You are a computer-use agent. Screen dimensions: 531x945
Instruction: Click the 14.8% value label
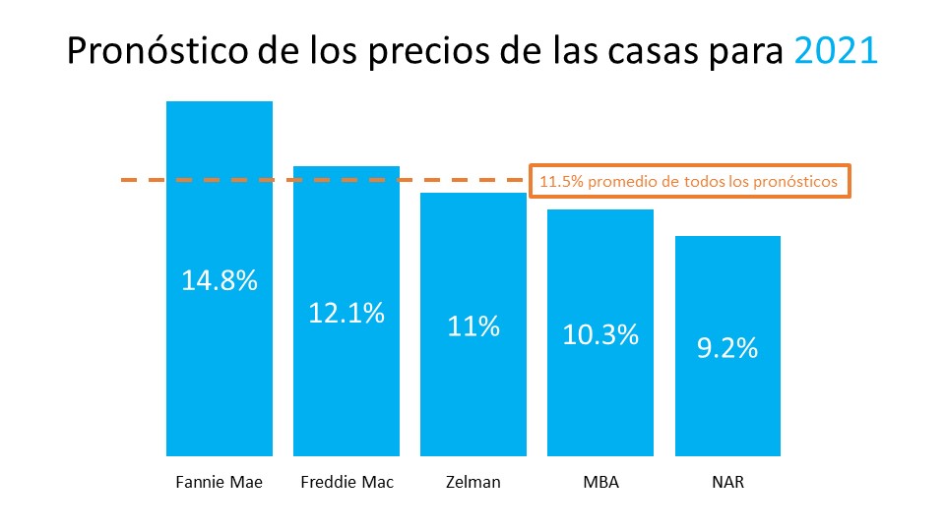click(220, 280)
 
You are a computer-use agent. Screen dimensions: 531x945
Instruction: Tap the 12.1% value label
click(346, 313)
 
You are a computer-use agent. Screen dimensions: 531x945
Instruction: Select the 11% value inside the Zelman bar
click(473, 325)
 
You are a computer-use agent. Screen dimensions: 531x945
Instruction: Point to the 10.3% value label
click(600, 333)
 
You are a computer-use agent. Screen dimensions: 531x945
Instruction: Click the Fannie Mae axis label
click(220, 483)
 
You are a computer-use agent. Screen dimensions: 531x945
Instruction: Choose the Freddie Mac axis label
click(346, 483)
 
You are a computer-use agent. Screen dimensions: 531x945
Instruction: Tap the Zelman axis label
click(473, 483)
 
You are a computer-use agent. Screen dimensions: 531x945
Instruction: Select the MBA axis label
click(600, 483)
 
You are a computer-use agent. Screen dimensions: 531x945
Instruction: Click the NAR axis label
click(727, 483)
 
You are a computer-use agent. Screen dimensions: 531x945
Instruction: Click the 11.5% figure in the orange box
click(557, 182)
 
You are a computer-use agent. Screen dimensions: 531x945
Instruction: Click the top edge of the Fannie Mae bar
click(220, 101)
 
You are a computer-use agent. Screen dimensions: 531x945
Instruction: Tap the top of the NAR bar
click(727, 237)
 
